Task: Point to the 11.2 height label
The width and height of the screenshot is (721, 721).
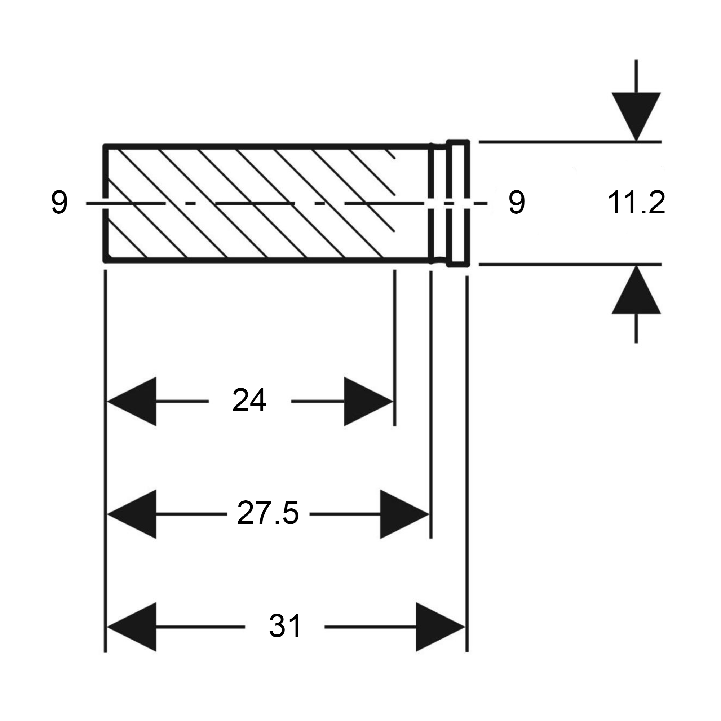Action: (x=636, y=203)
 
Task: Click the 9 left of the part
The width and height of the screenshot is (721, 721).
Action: (x=59, y=203)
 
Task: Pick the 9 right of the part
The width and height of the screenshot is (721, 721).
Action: (x=517, y=203)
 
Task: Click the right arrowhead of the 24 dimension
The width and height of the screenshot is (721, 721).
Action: (x=368, y=402)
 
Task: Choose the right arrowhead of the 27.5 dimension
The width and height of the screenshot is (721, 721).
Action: (x=404, y=514)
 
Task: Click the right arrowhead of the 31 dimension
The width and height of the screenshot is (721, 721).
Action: (x=439, y=627)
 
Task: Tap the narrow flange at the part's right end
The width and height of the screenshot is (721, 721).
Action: (x=458, y=203)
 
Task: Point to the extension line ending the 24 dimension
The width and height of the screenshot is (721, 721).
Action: (x=394, y=347)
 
